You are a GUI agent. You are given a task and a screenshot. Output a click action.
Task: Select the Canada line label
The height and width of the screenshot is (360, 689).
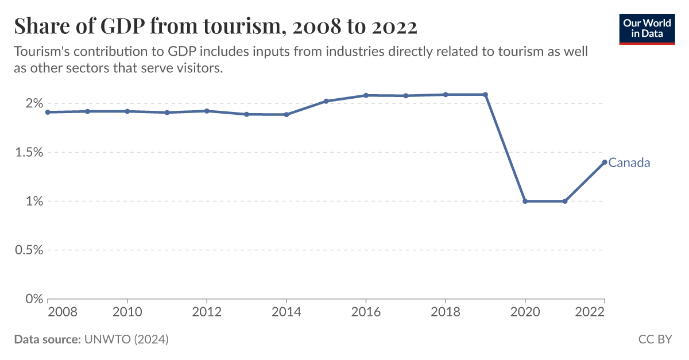click(x=629, y=162)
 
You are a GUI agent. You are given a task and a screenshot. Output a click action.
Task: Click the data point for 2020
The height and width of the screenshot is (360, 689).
click(x=525, y=202)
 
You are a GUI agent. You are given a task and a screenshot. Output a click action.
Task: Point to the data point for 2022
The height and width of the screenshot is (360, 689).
click(x=605, y=162)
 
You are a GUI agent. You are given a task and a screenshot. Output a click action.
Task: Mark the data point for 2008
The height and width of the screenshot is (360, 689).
click(x=48, y=112)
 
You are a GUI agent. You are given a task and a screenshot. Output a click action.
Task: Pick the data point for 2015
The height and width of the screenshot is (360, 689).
click(x=326, y=101)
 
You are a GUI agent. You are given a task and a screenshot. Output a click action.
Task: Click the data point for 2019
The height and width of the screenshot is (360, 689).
click(x=486, y=95)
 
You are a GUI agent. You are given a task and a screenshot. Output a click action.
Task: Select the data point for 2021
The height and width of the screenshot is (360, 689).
click(x=565, y=202)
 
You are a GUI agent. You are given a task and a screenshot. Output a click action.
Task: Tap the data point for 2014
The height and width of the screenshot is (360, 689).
click(x=287, y=114)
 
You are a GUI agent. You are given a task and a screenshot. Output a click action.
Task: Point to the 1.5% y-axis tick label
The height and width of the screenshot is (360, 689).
click(x=29, y=153)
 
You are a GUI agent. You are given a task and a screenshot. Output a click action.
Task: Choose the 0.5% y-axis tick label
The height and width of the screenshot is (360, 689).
click(x=29, y=250)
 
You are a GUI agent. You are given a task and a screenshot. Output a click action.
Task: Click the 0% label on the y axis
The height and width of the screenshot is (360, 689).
click(x=34, y=299)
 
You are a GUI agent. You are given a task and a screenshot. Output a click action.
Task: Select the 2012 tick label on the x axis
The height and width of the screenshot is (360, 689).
click(x=207, y=312)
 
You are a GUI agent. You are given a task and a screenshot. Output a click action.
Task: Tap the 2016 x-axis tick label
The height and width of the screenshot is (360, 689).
click(x=366, y=312)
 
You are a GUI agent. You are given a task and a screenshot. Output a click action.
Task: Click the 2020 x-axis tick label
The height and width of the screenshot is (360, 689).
click(x=525, y=312)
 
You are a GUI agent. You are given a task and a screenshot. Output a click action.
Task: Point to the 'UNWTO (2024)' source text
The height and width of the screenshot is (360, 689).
click(x=126, y=339)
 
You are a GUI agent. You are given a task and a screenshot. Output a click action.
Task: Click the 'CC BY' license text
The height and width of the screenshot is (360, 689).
click(x=655, y=339)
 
